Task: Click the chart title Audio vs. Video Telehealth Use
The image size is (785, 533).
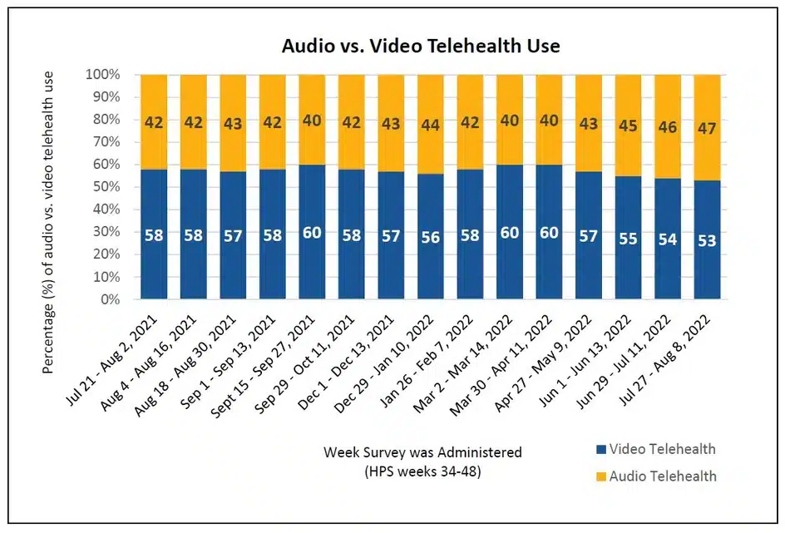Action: [419, 47]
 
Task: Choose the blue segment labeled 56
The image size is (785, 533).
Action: [430, 236]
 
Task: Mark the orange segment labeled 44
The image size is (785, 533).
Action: [430, 125]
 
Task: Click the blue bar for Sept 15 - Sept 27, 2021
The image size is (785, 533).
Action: [312, 232]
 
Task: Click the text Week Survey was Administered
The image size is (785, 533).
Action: [422, 452]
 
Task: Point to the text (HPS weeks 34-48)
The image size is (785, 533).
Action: [422, 471]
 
